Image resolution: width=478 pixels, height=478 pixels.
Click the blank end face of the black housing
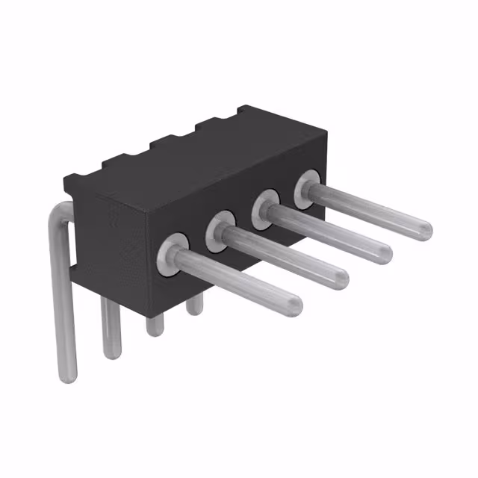point(112,239)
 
